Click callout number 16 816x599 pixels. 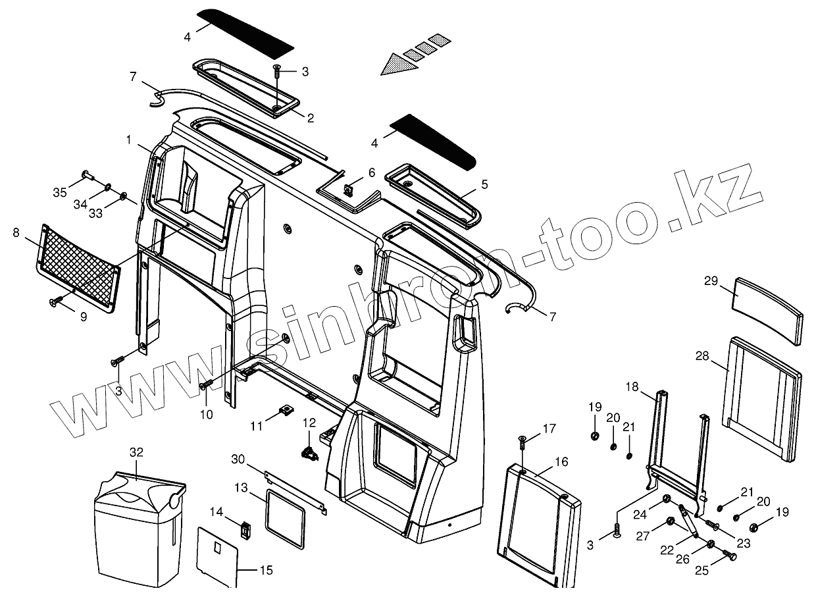[561, 462]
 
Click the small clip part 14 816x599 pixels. [247, 529]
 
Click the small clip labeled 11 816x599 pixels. [286, 411]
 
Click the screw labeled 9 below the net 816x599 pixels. [55, 301]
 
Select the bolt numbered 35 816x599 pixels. [87, 174]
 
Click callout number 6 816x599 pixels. [372, 172]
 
